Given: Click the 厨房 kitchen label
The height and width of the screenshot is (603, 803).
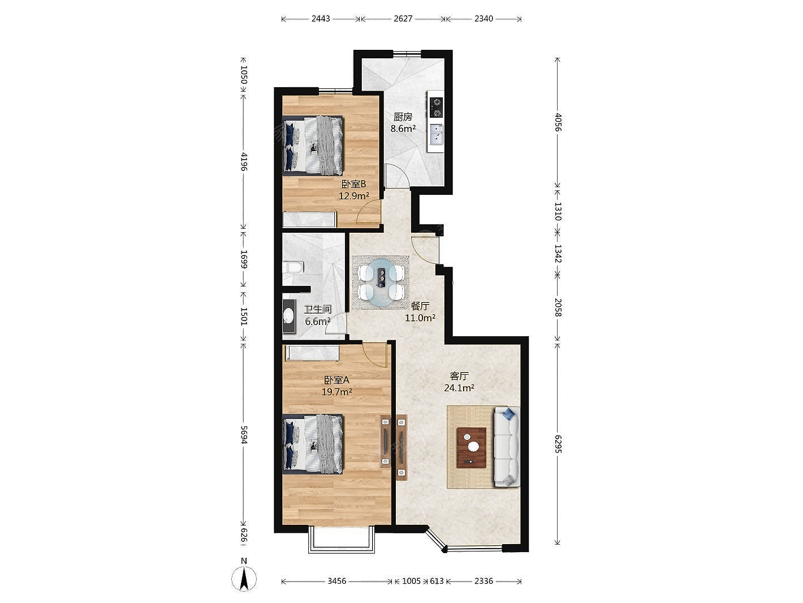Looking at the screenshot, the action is tap(403, 117).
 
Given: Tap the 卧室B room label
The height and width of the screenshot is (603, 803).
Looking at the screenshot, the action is tap(353, 184).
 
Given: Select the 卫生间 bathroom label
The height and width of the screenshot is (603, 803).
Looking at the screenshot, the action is tap(318, 309).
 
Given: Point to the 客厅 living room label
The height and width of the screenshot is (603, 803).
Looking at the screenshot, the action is tap(459, 376).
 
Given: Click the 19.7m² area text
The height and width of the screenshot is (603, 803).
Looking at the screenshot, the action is tap(336, 392).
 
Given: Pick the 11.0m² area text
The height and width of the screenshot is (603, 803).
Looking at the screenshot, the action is tap(420, 318).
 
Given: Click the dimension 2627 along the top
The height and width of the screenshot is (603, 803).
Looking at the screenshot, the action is tap(403, 18).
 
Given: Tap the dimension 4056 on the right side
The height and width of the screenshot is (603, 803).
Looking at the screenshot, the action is tap(558, 122).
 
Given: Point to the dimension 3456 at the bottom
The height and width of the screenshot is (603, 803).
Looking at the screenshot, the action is tap(336, 581).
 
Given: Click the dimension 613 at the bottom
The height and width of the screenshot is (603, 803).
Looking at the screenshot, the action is tap(437, 581).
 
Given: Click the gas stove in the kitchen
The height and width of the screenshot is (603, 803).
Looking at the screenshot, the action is tap(436, 108).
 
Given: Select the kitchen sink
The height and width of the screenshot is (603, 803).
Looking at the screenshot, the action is tap(436, 135).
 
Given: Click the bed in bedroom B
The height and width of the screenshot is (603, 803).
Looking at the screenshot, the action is tap(313, 145).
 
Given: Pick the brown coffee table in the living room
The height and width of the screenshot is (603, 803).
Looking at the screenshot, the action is tap(472, 447).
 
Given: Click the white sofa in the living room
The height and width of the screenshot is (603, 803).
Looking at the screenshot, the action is tap(507, 447).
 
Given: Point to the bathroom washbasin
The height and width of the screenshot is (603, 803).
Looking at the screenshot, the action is tap(289, 317).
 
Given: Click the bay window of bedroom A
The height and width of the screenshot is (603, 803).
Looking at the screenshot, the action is tap(342, 545).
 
